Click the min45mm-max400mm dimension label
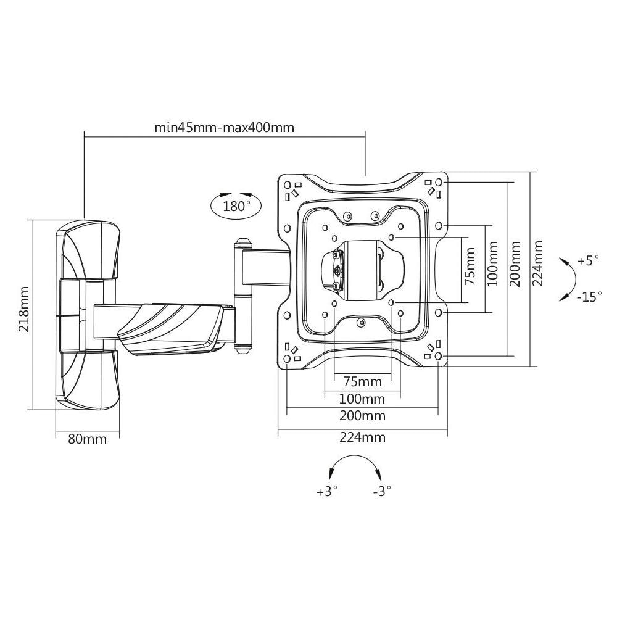click(x=225, y=128)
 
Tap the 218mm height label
click(x=24, y=309)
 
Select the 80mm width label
click(x=88, y=439)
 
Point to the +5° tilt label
click(x=588, y=260)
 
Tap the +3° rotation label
click(x=327, y=491)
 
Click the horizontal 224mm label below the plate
click(x=362, y=437)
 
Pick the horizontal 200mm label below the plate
click(x=362, y=415)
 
